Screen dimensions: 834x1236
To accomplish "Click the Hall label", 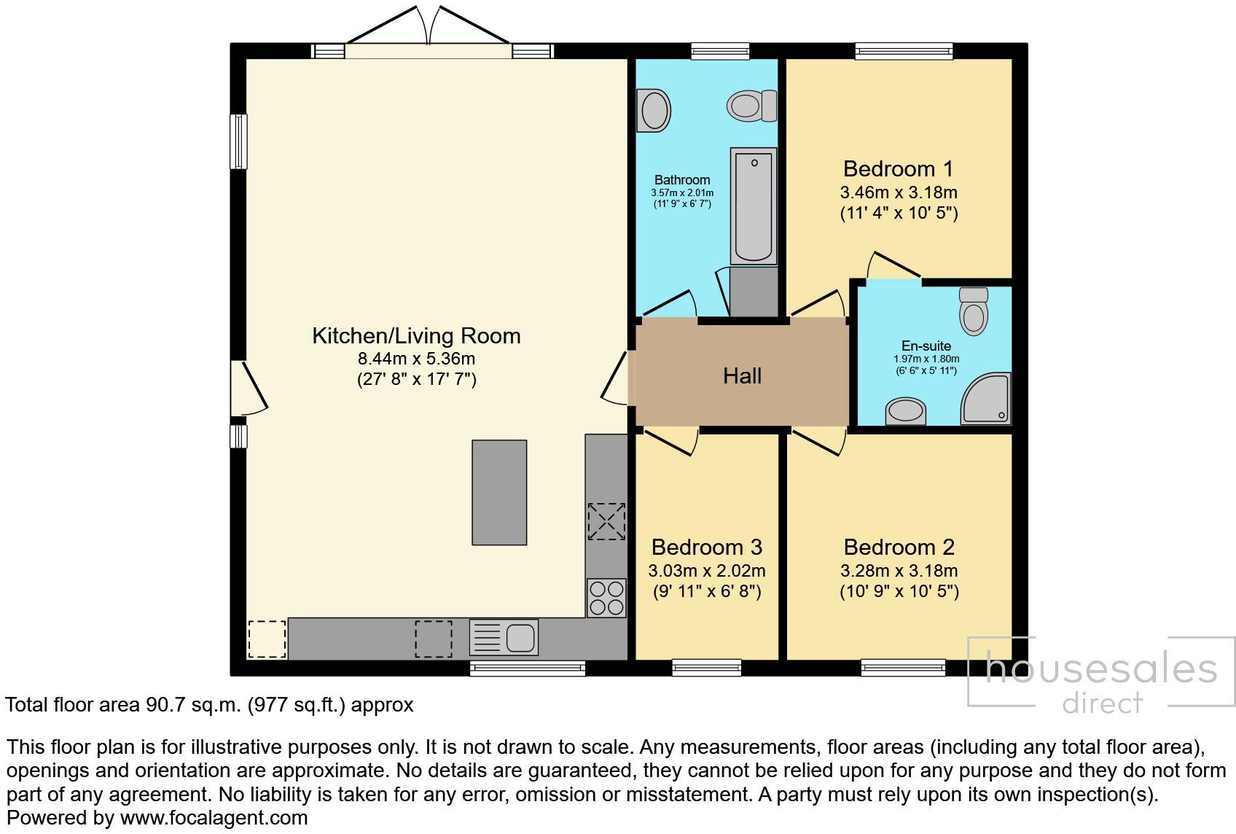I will click(x=742, y=376).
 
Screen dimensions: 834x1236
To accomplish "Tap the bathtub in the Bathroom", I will click(x=753, y=206).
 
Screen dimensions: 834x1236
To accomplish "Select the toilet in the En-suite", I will click(x=974, y=311).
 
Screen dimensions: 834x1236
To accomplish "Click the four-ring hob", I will click(x=606, y=598).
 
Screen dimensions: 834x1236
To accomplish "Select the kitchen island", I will click(x=499, y=492).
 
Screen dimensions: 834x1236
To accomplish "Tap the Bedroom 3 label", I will click(x=706, y=547).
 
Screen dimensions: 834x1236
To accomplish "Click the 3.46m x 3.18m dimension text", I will click(x=898, y=193).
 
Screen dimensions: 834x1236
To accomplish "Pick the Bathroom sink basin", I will click(x=654, y=111).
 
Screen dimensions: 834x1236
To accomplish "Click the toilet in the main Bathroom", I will click(x=751, y=106).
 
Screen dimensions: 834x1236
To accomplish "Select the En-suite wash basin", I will click(x=906, y=411).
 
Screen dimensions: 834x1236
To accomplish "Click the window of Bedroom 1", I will click(x=904, y=51).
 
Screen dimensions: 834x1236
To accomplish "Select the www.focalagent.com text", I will click(x=214, y=818).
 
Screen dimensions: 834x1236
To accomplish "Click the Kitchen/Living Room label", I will click(x=416, y=336).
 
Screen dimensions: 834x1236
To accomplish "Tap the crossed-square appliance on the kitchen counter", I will click(x=606, y=521).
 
